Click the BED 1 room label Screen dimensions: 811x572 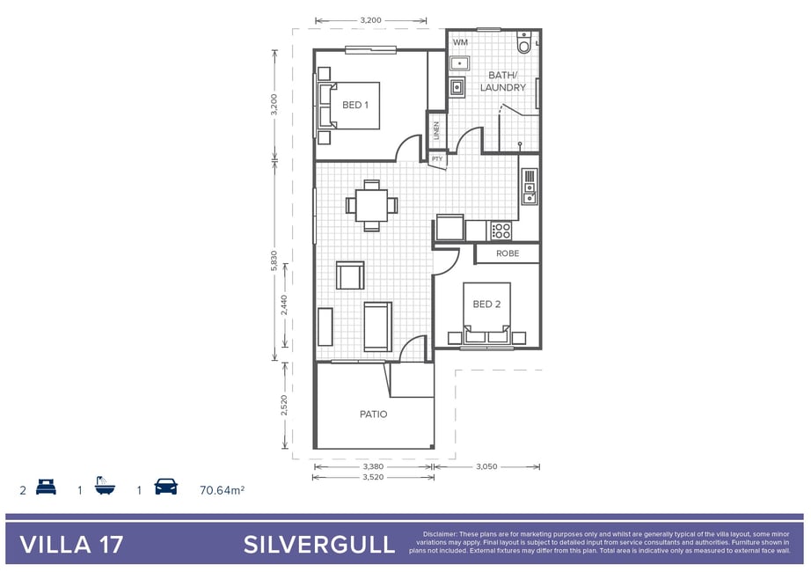click(x=355, y=105)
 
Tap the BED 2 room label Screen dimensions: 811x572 click(x=486, y=304)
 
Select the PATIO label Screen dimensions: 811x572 click(x=374, y=414)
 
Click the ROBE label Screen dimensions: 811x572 click(x=508, y=253)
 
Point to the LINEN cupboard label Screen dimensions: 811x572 click(x=436, y=130)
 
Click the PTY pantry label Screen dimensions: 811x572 click(x=437, y=159)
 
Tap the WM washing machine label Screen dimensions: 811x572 click(x=460, y=42)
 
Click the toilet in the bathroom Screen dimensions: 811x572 click(x=524, y=43)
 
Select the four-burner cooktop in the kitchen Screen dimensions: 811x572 click(x=500, y=231)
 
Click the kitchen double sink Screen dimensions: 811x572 click(x=530, y=187)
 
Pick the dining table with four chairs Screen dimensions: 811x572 click(x=371, y=206)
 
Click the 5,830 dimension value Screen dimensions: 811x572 click(x=274, y=260)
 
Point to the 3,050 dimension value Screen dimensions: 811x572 click(x=486, y=467)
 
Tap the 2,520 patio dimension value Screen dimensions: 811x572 click(x=284, y=406)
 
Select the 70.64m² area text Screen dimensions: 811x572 click(x=222, y=489)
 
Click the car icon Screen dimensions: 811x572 click(x=166, y=487)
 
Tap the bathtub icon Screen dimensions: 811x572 click(x=105, y=486)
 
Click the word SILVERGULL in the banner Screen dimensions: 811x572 click(x=319, y=545)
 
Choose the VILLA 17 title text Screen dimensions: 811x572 click(x=71, y=545)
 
